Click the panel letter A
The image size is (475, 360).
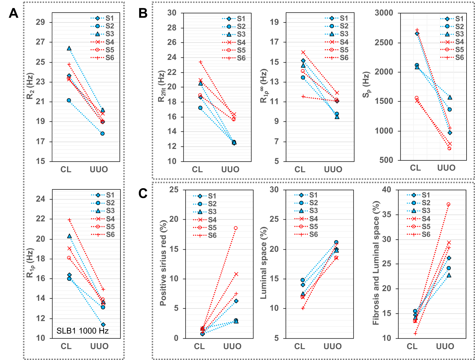(13, 13)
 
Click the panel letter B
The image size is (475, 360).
(143, 13)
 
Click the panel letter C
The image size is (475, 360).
(143, 193)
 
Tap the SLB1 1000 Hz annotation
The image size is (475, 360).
(83, 331)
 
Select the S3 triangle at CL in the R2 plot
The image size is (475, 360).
(69, 48)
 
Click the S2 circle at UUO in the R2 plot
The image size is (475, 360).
(102, 134)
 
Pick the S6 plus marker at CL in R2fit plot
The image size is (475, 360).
(201, 62)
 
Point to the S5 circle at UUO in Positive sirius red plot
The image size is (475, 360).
(236, 228)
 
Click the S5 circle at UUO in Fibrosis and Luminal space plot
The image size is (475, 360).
(448, 204)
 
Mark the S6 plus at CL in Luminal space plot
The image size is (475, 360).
(303, 308)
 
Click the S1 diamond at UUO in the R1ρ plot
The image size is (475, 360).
(103, 325)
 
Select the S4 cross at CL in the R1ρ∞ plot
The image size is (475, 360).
(303, 52)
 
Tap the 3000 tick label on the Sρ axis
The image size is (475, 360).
(384, 13)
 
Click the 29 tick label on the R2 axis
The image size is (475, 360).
(40, 22)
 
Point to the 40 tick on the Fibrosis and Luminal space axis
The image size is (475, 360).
(387, 190)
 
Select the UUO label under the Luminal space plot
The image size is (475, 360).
(332, 346)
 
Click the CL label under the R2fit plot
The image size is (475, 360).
(197, 169)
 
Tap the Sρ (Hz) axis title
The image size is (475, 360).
(366, 84)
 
